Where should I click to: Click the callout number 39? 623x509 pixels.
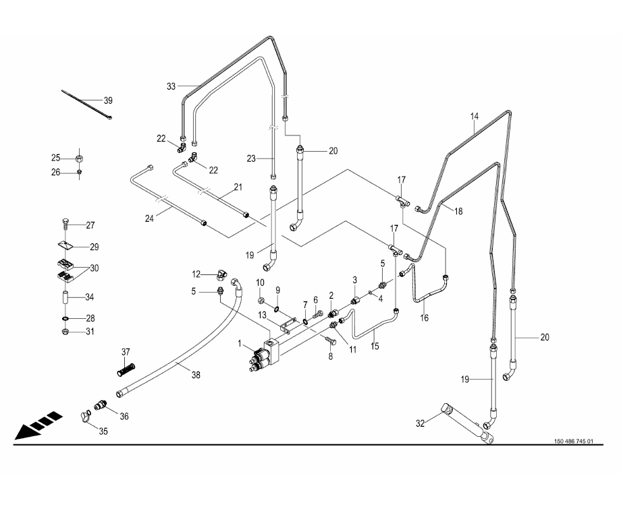pyautogui.click(x=108, y=100)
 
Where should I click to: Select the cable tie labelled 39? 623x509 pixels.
pyautogui.click(x=86, y=104)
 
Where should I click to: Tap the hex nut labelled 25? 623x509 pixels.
pyautogui.click(x=79, y=158)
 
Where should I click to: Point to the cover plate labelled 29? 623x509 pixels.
pyautogui.click(x=65, y=246)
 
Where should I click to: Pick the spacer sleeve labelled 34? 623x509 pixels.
pyautogui.click(x=66, y=297)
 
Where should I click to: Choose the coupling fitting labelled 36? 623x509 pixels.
pyautogui.click(x=100, y=406)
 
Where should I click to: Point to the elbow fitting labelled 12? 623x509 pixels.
pyautogui.click(x=221, y=274)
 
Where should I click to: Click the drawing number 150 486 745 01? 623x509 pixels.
pyautogui.click(x=574, y=441)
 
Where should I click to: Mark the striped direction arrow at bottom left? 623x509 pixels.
pyautogui.click(x=38, y=426)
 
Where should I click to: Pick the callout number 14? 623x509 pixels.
pyautogui.click(x=475, y=117)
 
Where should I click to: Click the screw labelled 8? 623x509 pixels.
pyautogui.click(x=331, y=340)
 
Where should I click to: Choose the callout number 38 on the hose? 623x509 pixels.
pyautogui.click(x=196, y=375)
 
